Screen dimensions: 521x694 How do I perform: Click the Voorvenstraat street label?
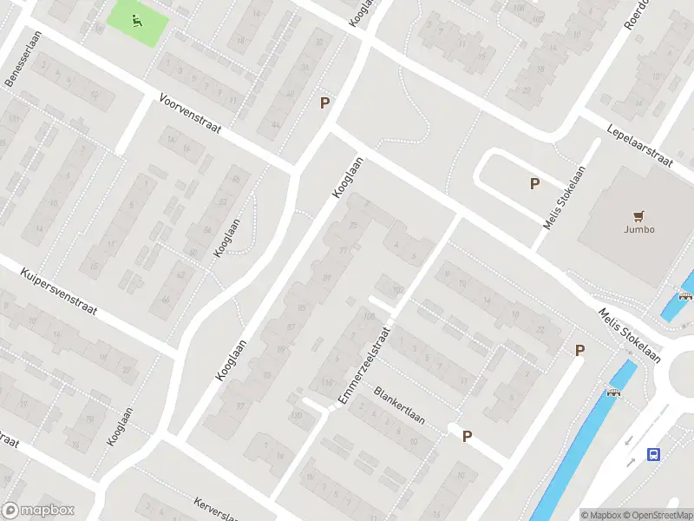(x=190, y=114)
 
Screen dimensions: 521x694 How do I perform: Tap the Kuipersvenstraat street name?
(x=58, y=291)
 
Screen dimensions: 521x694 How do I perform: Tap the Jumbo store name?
(x=639, y=229)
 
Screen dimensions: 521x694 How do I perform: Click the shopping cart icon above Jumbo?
(x=639, y=215)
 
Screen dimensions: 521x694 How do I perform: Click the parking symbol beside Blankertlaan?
(x=467, y=437)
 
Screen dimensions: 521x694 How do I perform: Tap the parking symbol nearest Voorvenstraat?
(x=324, y=102)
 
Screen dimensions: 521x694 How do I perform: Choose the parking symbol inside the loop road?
(x=534, y=183)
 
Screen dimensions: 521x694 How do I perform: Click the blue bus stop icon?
(x=654, y=454)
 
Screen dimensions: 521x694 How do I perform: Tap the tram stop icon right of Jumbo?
(x=685, y=294)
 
